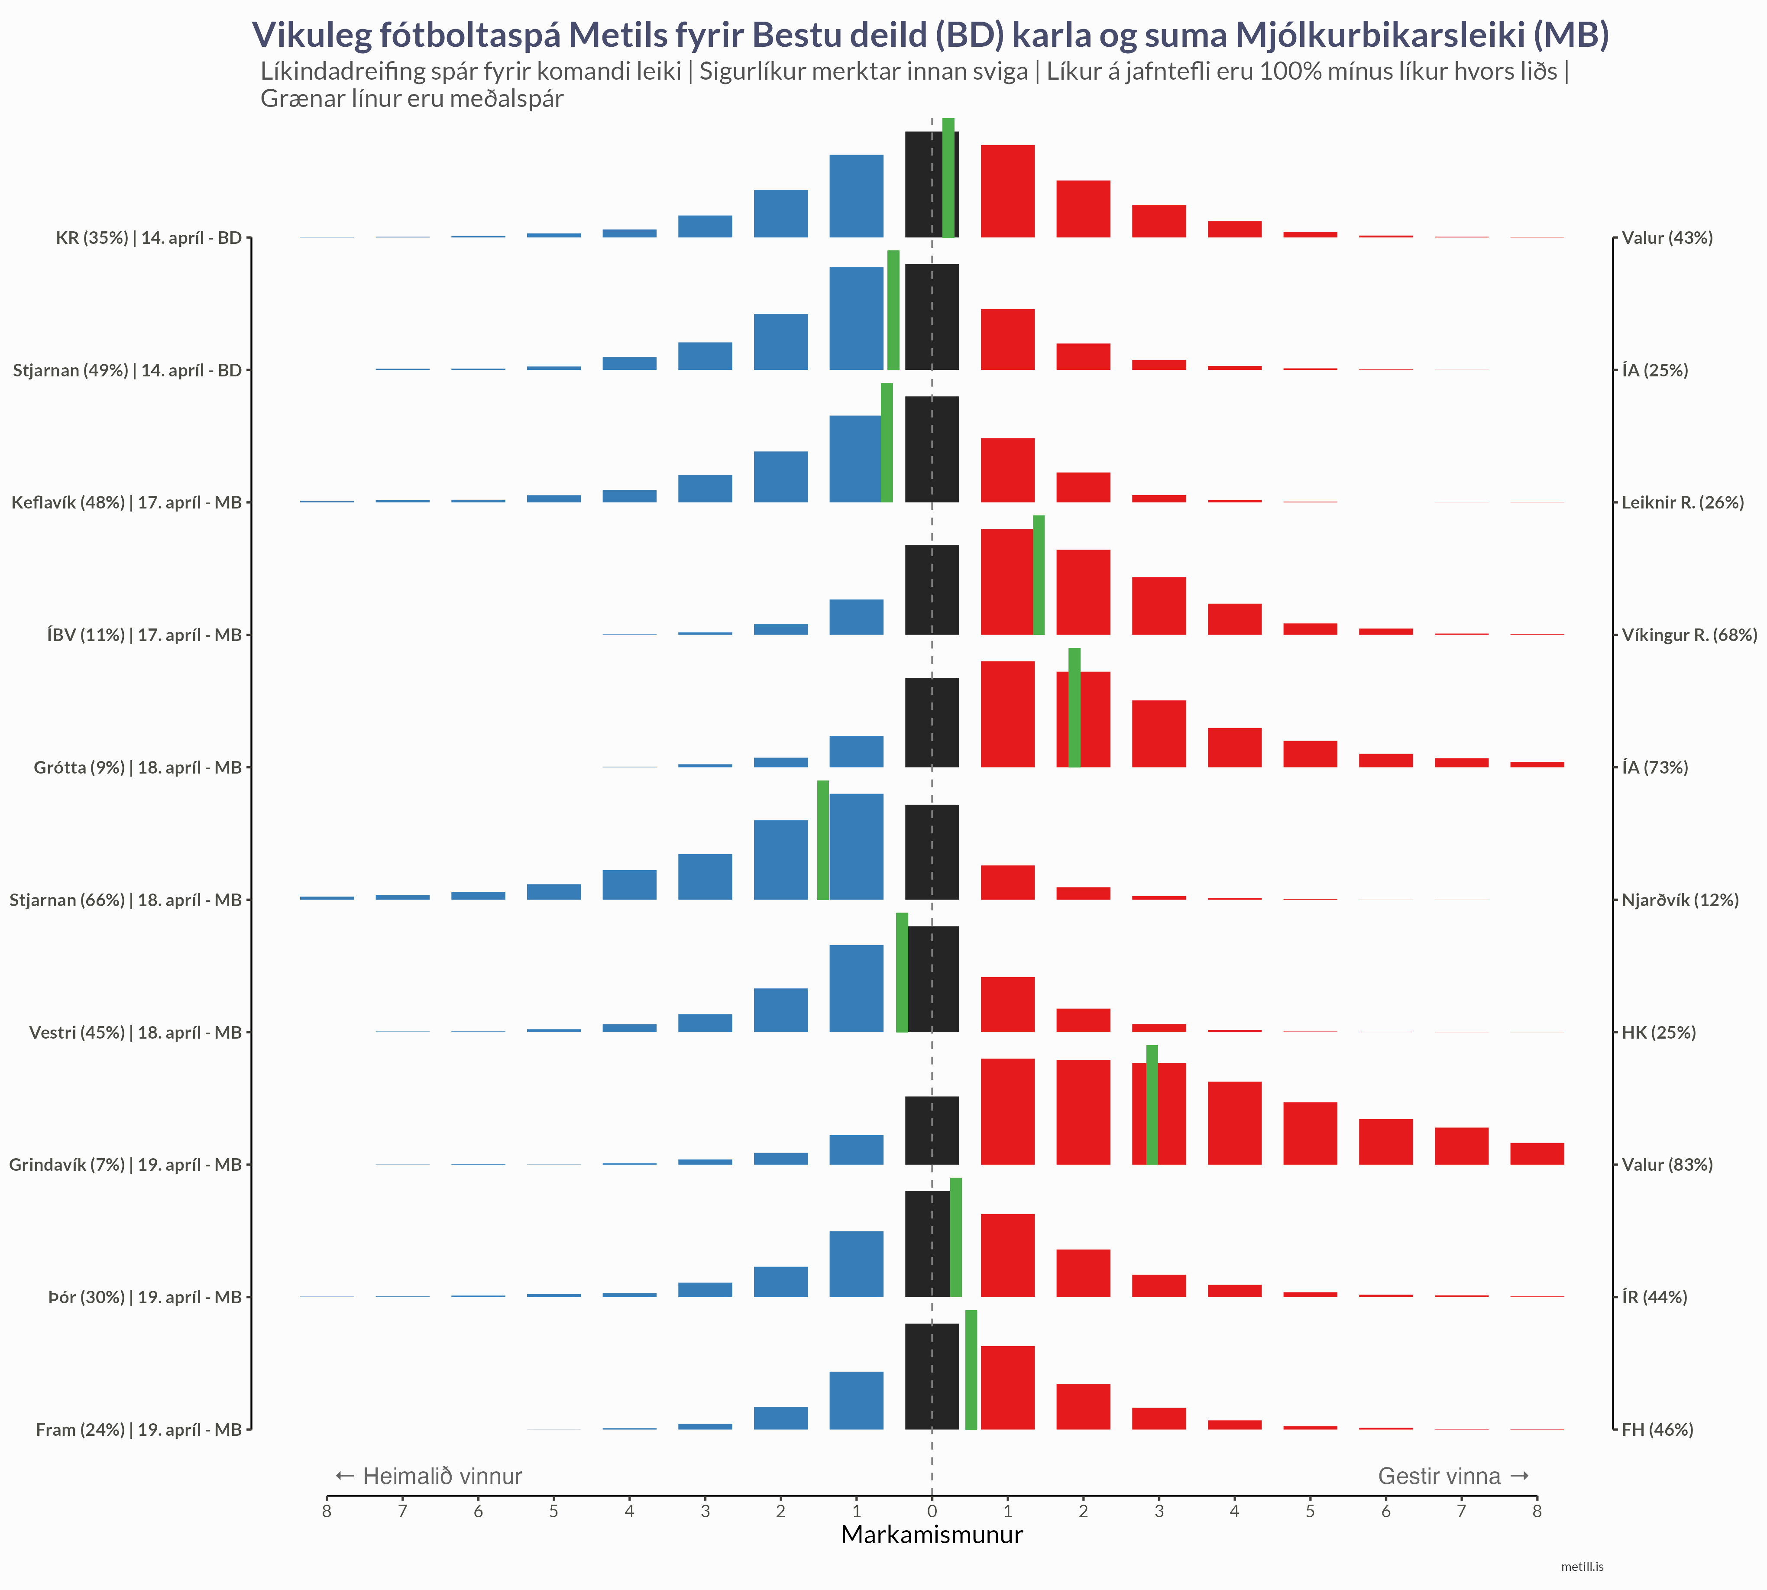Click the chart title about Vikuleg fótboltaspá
(x=930, y=35)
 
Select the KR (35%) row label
(x=149, y=238)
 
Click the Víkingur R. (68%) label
(x=1688, y=635)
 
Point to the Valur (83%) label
(x=1667, y=1165)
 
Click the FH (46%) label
(x=1657, y=1429)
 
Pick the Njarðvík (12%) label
(x=1680, y=900)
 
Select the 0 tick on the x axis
(x=932, y=1511)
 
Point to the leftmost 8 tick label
(x=327, y=1511)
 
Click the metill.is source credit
(x=1582, y=1567)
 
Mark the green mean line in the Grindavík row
(x=1152, y=1105)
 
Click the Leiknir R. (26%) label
(x=1682, y=502)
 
